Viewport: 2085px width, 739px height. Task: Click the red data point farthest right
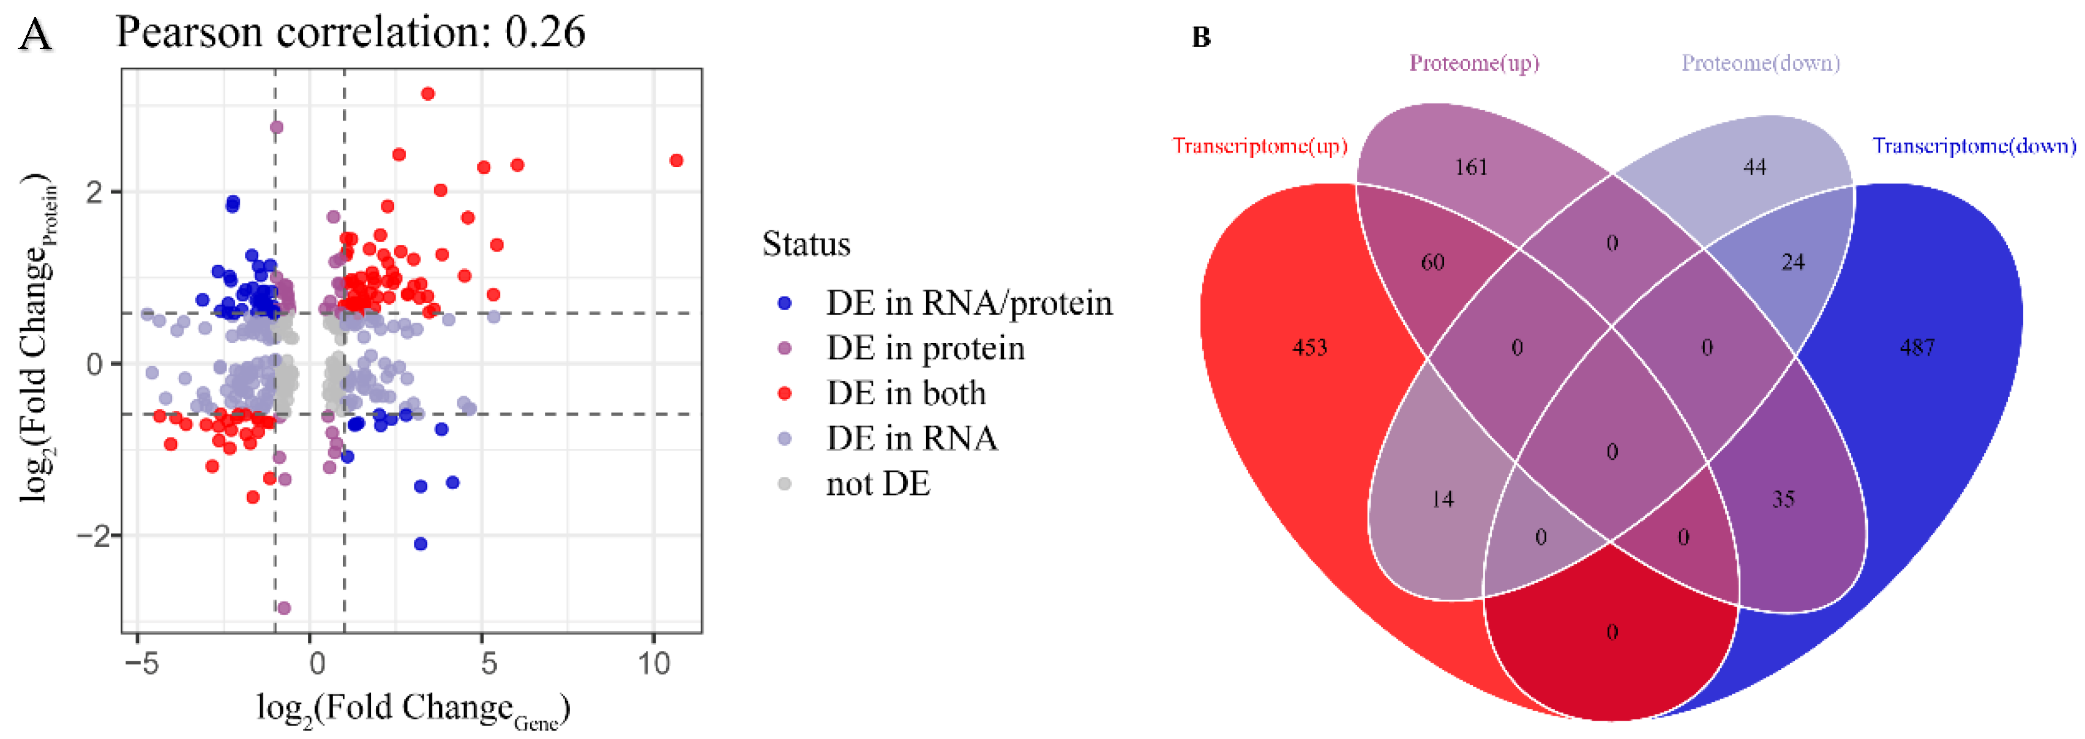coord(676,160)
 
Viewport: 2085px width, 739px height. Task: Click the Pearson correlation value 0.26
coord(544,32)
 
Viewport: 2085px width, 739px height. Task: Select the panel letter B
coord(1200,37)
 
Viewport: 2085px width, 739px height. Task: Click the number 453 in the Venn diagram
coord(1309,348)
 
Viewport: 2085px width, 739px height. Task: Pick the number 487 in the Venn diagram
coord(1917,348)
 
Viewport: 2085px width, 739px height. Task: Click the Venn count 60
coord(1432,262)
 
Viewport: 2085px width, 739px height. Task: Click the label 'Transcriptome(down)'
coord(1974,146)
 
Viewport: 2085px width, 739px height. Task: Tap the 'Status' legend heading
coord(806,244)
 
